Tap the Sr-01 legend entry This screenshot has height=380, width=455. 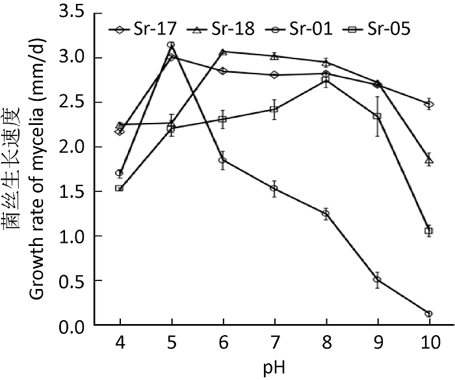298,29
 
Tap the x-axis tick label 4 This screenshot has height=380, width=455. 120,342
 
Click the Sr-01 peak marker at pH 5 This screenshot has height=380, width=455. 172,45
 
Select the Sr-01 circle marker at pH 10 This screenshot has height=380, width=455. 428,314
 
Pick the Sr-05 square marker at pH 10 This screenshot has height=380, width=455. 428,231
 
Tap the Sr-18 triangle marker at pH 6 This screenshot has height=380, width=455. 222,51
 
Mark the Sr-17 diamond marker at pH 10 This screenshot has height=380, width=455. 428,104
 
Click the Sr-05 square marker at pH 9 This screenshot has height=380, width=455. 377,116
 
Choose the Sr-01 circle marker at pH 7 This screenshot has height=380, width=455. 274,189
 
